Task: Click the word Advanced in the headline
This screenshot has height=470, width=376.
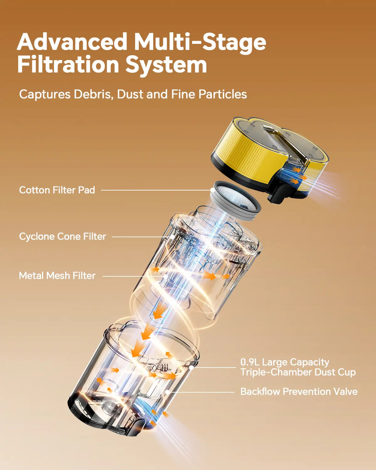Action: point(72,42)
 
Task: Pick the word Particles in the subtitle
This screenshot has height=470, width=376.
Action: point(223,94)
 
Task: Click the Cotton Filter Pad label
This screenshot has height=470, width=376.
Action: point(57,190)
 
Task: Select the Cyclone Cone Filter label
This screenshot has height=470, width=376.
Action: point(62,237)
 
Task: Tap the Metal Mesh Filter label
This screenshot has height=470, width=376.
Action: point(57,276)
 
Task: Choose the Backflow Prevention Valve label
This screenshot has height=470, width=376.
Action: point(299,391)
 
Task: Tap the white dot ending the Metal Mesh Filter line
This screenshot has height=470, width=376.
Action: point(166,276)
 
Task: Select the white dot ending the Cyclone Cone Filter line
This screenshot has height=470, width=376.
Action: point(172,237)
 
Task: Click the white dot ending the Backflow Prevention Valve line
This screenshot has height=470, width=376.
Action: point(168,392)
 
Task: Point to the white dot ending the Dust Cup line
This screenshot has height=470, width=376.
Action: point(191,368)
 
